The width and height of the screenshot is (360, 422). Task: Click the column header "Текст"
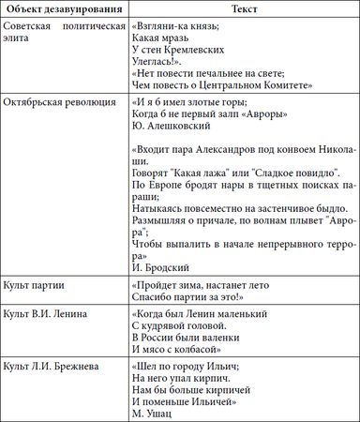coord(242,8)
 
